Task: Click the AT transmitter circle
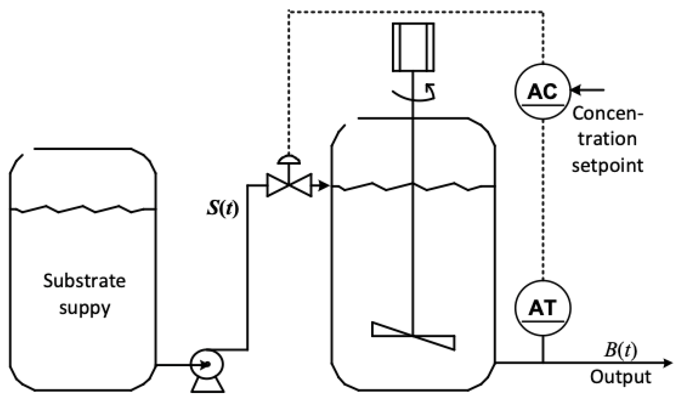543,308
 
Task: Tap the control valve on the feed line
289,185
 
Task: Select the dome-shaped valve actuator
289,160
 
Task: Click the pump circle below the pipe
207,364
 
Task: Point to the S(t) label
223,209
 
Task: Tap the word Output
621,377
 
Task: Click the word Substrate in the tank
85,281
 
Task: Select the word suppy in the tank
85,308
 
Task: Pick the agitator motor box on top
413,47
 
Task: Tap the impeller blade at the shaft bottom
413,336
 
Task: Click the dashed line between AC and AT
543,199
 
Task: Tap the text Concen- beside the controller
607,114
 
